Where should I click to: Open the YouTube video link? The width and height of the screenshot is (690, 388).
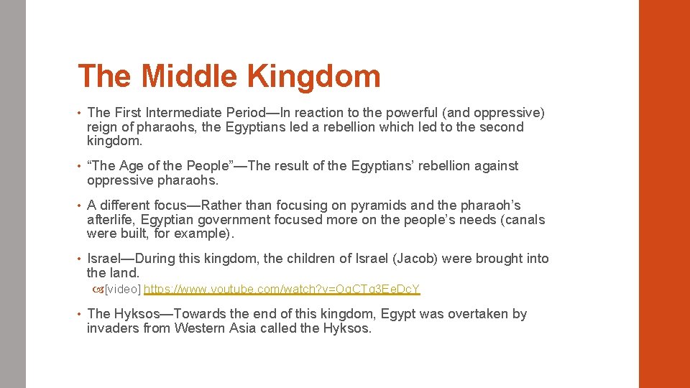click(282, 290)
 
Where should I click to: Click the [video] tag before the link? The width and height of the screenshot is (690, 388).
click(123, 290)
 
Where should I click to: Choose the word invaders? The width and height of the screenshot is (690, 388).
click(112, 328)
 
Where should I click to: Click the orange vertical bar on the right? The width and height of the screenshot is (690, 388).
click(664, 194)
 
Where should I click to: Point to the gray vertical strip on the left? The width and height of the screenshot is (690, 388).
click(12, 194)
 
